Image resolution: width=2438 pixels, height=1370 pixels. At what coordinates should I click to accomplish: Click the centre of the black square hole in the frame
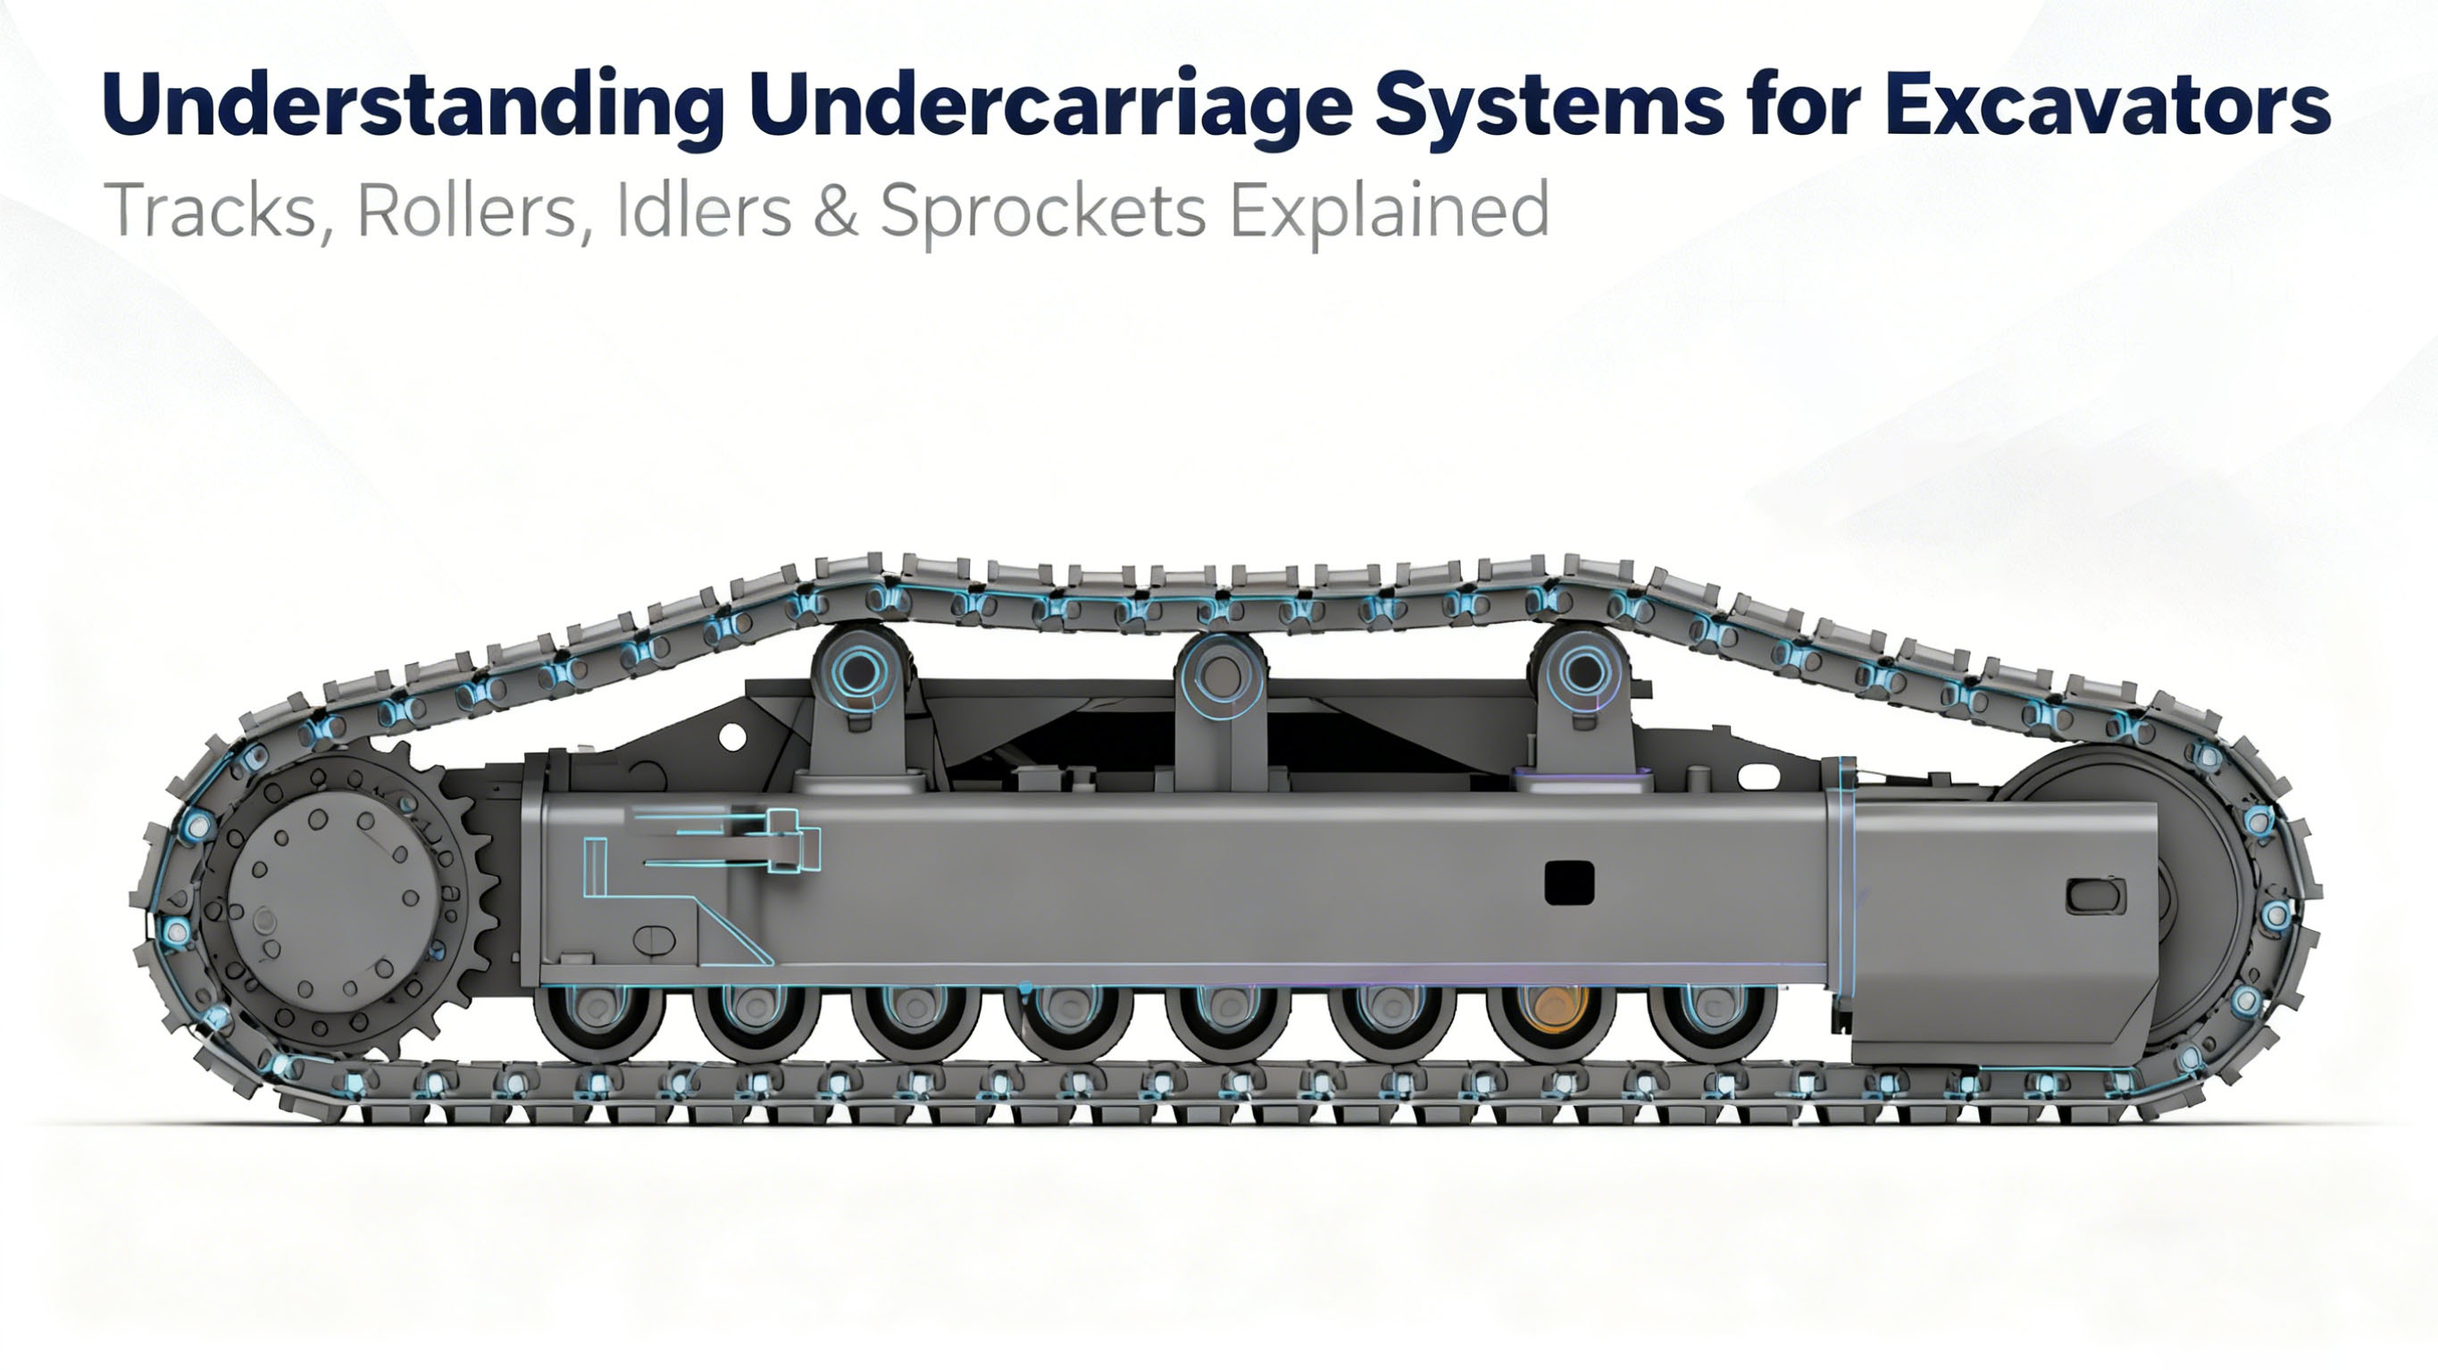click(x=1569, y=883)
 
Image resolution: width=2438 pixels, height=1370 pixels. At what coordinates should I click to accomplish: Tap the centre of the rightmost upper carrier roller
click(x=1582, y=672)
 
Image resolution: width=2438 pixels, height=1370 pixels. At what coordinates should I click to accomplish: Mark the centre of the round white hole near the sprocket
click(x=731, y=736)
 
